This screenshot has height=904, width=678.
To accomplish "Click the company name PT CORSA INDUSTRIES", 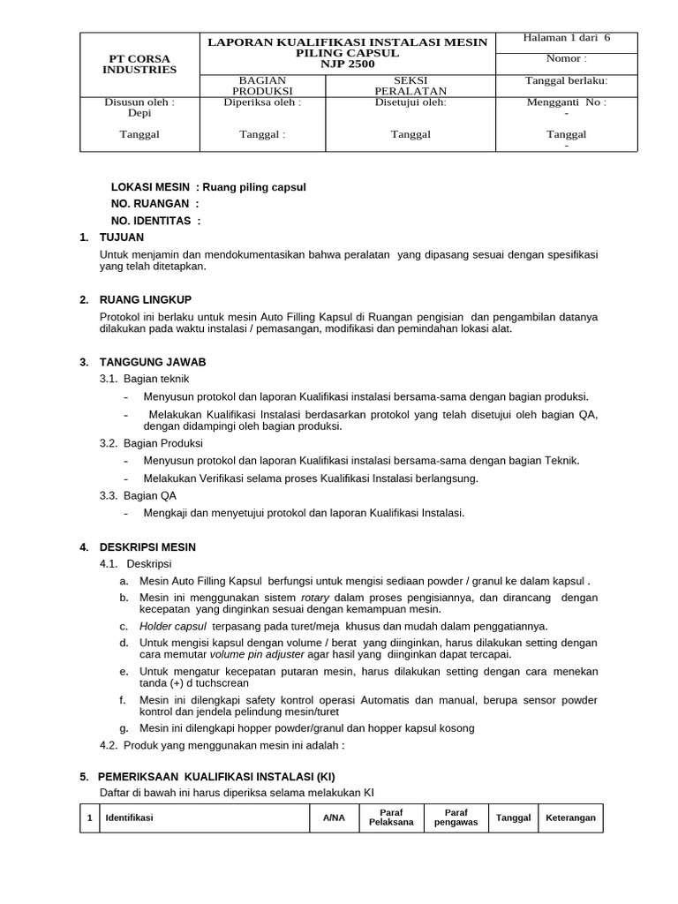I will coord(139,63).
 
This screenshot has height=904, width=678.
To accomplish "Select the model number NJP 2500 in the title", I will coord(347,64).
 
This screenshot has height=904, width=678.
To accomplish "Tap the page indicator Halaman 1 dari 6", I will coord(566,38).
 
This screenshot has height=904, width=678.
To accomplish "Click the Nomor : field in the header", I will coord(566,58).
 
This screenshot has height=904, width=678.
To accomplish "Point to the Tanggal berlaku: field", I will coord(566,80).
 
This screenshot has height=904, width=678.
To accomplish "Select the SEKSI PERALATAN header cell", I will coord(411,85).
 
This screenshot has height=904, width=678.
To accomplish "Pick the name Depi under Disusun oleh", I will coord(139,113).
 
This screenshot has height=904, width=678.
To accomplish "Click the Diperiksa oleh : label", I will coord(262,102).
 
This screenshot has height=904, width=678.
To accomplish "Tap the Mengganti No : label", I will coord(566,102).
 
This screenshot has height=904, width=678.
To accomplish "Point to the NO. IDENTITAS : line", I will coord(155,221).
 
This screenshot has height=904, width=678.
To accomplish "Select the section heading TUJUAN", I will coord(122,237).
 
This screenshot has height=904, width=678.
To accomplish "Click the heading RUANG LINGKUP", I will coord(146,299).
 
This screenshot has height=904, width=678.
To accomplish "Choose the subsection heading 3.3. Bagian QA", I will coord(138,495).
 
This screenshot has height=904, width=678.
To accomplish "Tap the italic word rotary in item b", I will coord(315,597).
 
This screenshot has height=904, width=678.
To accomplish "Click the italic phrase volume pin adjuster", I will coord(255,654).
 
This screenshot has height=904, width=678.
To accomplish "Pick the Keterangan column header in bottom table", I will coord(570,817).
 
